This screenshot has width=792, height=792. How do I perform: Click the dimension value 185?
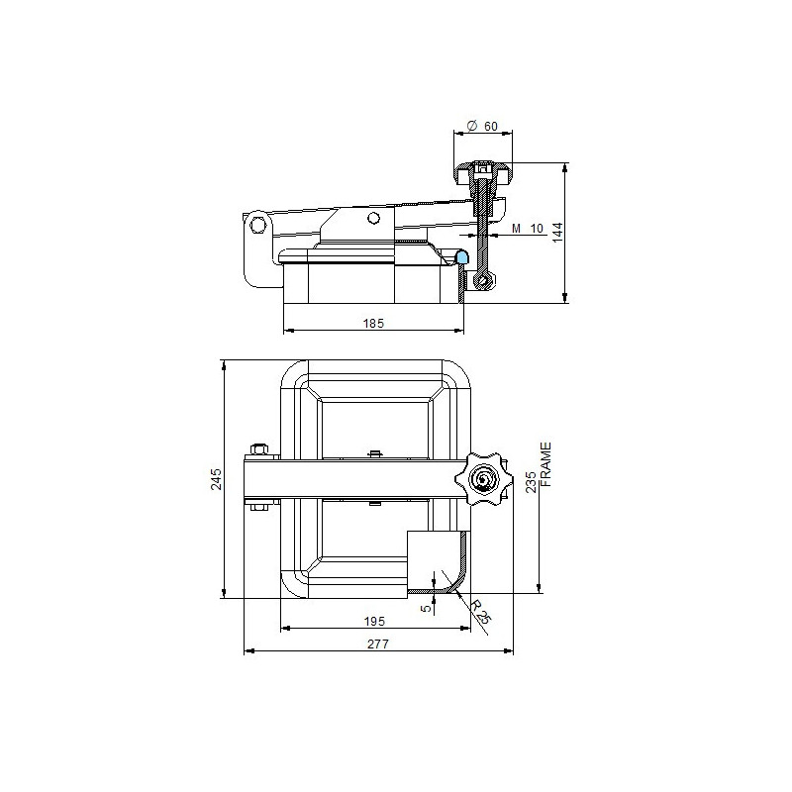point(373,324)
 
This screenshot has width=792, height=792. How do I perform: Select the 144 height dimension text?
point(557,233)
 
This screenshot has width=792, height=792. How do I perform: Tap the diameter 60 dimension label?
point(483,127)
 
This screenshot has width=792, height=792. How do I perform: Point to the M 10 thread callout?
point(528,229)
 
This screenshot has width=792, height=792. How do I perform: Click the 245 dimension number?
point(217,479)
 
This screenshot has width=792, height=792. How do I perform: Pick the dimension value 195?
point(374,621)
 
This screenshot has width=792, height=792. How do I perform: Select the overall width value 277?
point(378,644)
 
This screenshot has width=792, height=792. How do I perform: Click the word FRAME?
point(546,464)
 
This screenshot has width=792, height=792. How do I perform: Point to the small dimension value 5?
point(427,608)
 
